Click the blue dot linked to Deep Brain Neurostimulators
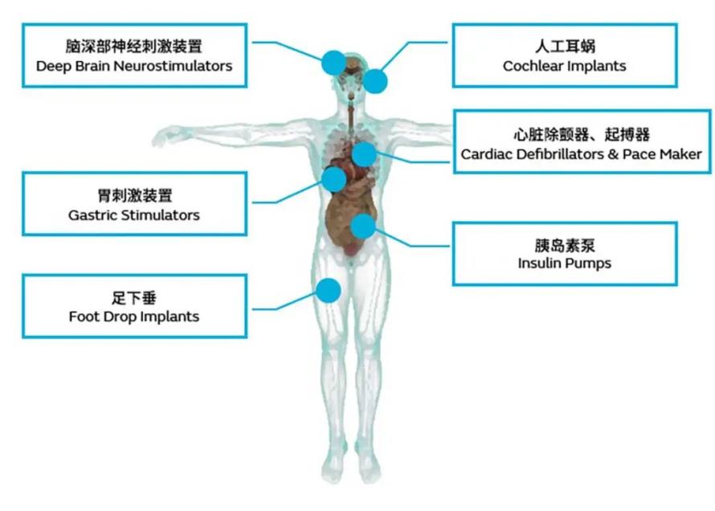click(333, 63)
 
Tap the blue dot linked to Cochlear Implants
click(375, 82)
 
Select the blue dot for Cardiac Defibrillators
click(364, 154)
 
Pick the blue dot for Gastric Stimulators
click(333, 179)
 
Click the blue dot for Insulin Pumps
click(363, 227)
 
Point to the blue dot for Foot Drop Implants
click(329, 290)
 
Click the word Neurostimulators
click(173, 66)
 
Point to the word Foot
click(82, 317)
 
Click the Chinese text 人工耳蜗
click(565, 46)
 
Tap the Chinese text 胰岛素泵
click(565, 245)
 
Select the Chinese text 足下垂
click(134, 298)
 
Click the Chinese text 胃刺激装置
click(134, 195)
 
